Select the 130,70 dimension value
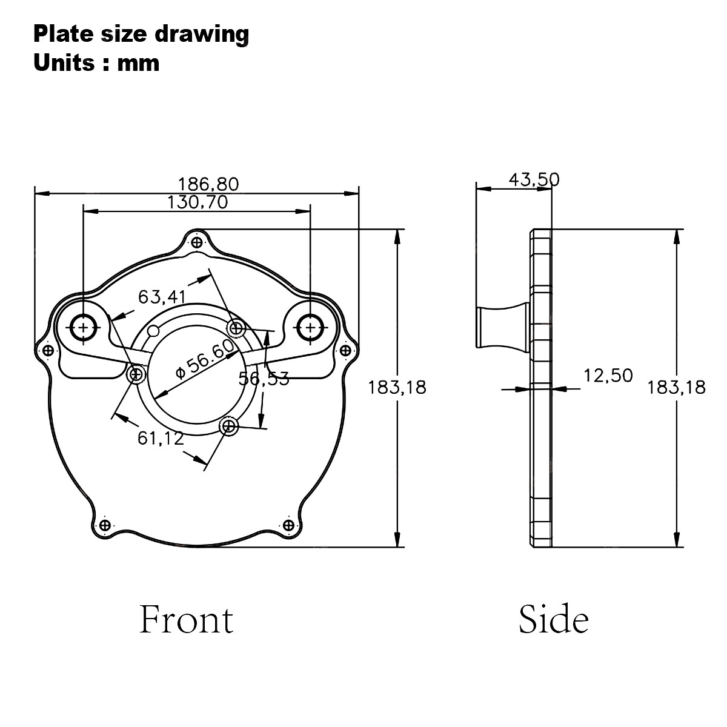(198, 202)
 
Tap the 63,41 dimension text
(162, 297)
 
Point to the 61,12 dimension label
(160, 437)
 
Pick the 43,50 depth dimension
(534, 179)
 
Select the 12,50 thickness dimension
(608, 376)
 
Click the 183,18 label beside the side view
(676, 387)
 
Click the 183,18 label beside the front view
(397, 387)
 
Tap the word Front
(187, 620)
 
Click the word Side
(553, 620)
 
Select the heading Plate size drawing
(141, 34)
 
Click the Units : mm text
(96, 62)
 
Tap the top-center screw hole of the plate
(196, 243)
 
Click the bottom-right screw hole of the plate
(288, 525)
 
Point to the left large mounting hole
(82, 327)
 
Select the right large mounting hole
(310, 327)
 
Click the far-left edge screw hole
(46, 350)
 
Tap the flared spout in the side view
(501, 328)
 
